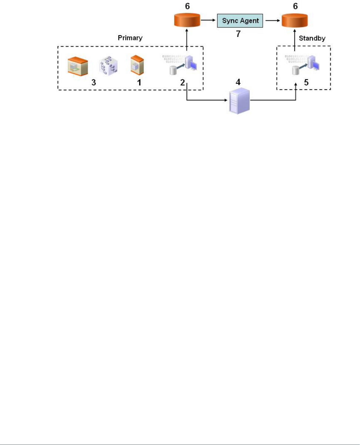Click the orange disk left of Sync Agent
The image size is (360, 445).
pos(187,21)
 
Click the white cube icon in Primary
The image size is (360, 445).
pos(108,66)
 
